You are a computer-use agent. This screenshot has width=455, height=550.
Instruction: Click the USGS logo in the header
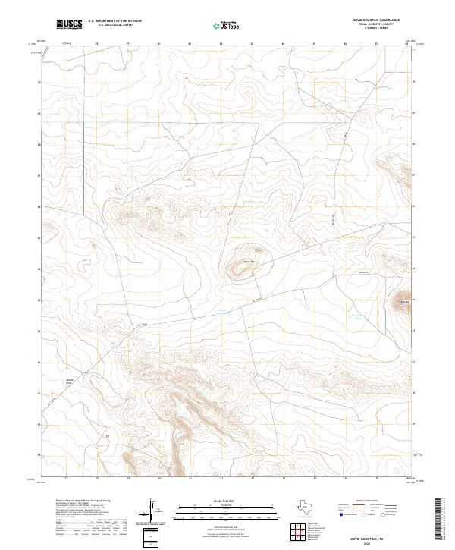(x=69, y=24)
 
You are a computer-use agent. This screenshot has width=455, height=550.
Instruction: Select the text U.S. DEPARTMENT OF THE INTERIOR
(x=115, y=21)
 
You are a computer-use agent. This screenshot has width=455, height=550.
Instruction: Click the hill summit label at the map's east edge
(x=403, y=303)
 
